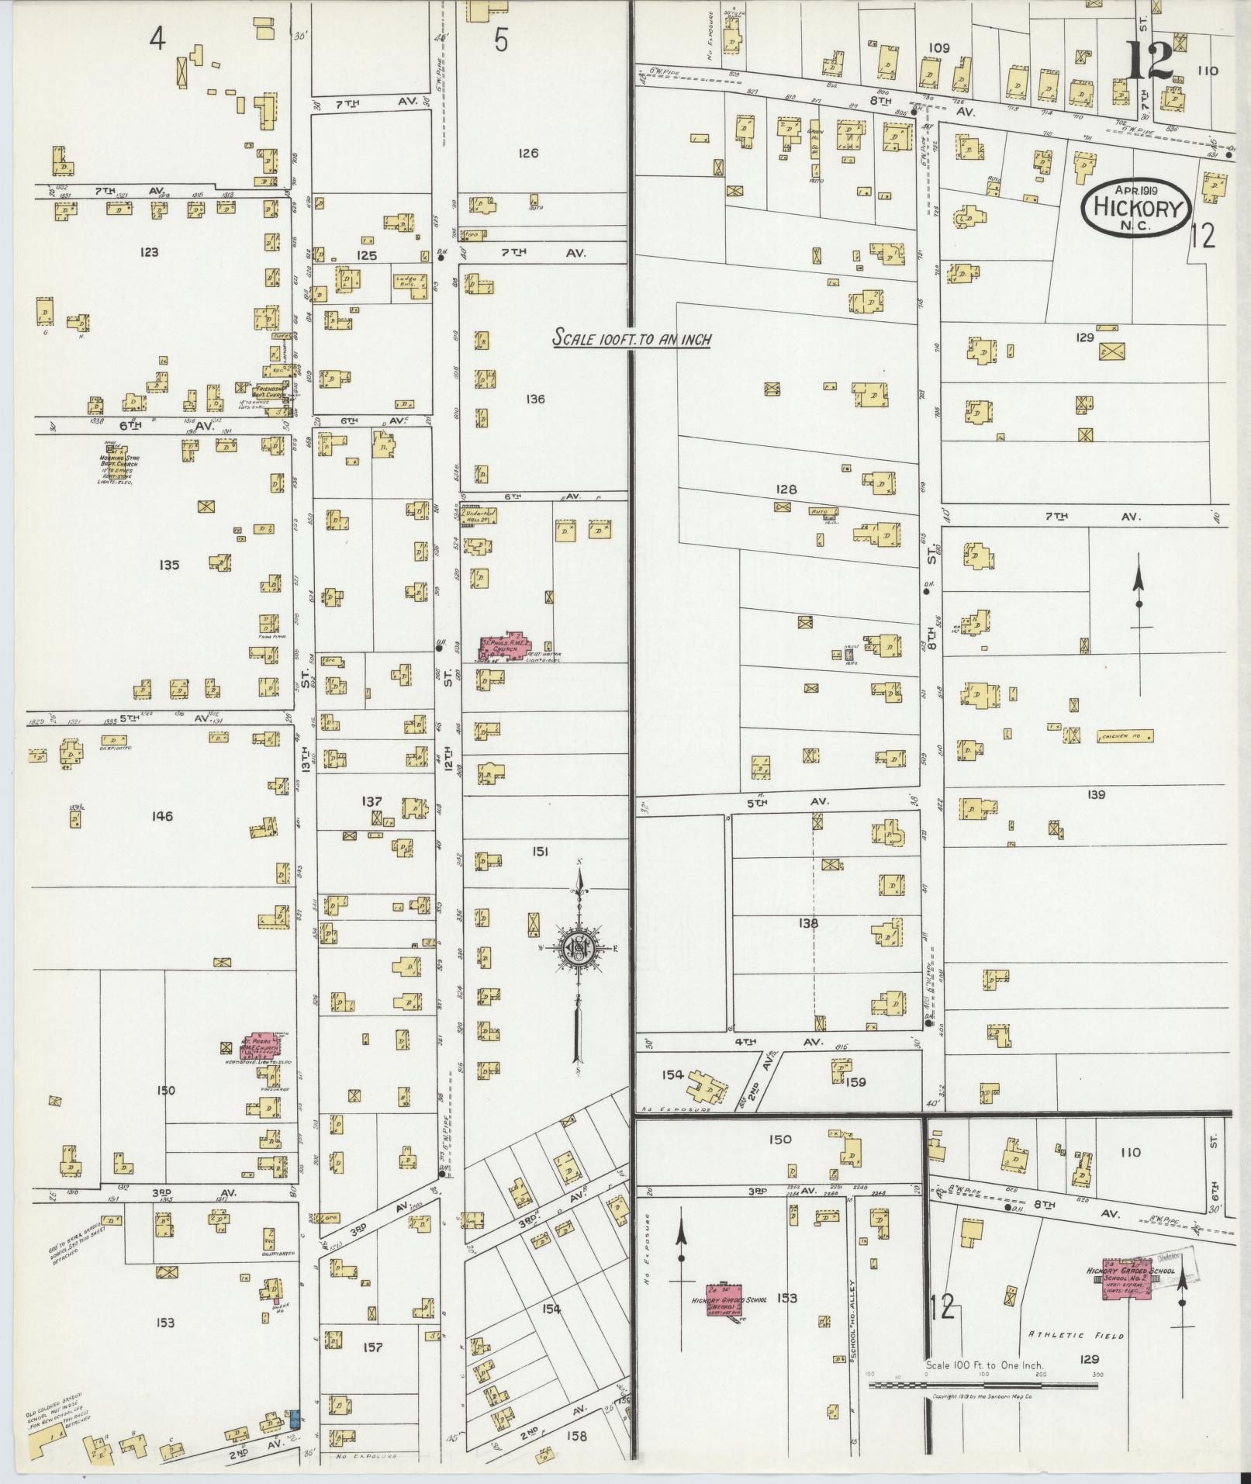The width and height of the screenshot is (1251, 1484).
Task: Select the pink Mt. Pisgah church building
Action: [x=260, y=1047]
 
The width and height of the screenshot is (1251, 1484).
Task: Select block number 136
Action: [x=534, y=399]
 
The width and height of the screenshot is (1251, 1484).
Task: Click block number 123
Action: [x=149, y=251]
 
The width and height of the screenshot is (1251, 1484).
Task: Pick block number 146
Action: [x=162, y=816]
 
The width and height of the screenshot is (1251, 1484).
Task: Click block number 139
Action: [x=1095, y=794]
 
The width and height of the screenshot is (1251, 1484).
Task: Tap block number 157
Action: [x=372, y=1347]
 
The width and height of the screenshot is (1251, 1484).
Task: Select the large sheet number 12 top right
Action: [x=1149, y=61]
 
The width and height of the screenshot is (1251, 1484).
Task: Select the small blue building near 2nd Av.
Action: [x=294, y=1420]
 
